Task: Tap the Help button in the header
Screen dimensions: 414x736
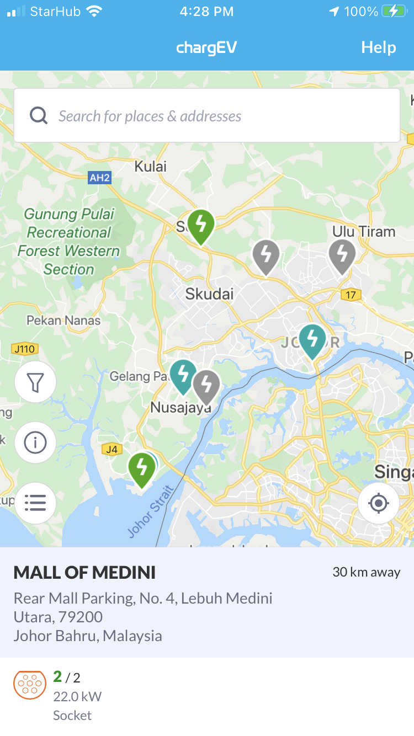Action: [378, 47]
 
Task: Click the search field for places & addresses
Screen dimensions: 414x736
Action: [207, 116]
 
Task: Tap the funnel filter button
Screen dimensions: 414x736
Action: [35, 382]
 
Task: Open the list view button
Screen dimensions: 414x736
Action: [35, 503]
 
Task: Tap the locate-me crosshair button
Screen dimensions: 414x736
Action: [378, 503]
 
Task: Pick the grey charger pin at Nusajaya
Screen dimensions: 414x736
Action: [207, 385]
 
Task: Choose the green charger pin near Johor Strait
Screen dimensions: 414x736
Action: [142, 468]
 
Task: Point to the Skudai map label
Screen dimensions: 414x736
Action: [209, 294]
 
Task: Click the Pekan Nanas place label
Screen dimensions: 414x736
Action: [63, 320]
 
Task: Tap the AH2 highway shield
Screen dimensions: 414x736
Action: [99, 177]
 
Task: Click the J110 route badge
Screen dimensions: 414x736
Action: [24, 349]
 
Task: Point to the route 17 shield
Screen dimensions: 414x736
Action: [351, 295]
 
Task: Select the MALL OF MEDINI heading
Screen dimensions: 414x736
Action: [84, 573]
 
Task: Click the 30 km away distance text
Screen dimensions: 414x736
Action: [366, 572]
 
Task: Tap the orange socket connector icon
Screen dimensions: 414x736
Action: [30, 685]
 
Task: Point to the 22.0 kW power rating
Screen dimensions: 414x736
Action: [77, 696]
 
